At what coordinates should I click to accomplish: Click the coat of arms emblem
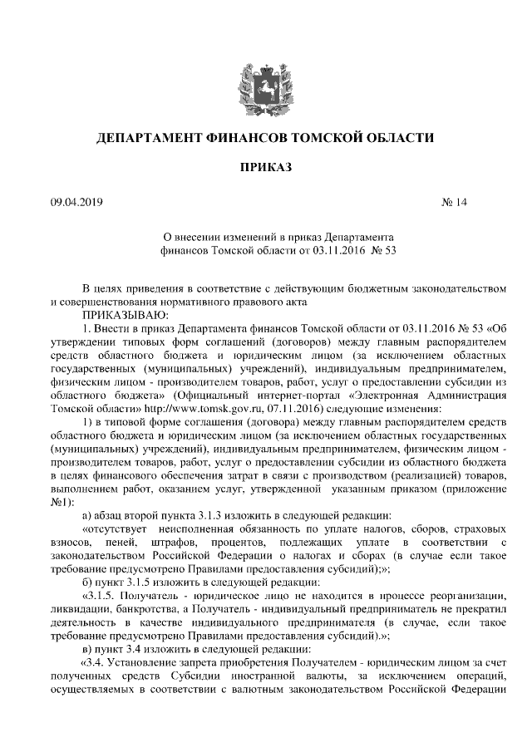[266, 82]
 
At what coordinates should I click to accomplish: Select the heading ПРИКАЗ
[266, 168]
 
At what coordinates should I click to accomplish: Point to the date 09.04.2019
[76, 202]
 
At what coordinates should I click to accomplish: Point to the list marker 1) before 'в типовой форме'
[88, 422]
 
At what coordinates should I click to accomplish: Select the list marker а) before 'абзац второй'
[88, 515]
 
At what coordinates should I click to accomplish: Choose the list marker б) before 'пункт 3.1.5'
[88, 582]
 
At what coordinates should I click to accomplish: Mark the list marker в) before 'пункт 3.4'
[88, 648]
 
